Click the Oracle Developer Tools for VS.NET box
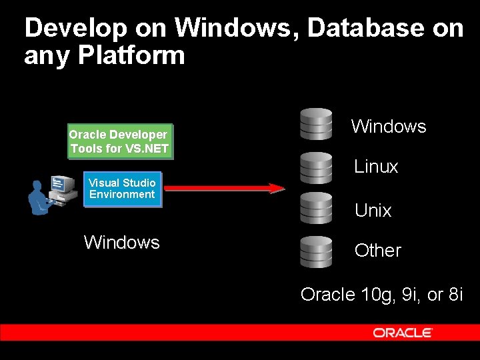click(x=120, y=141)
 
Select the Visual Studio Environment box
click(x=122, y=189)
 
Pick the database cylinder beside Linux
click(x=316, y=167)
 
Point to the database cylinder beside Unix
click(x=316, y=209)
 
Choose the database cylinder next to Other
click(x=316, y=251)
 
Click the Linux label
click(x=376, y=167)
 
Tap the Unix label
click(x=373, y=211)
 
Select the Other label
click(x=378, y=251)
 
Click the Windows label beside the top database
click(x=389, y=126)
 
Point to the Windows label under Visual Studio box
click(x=122, y=242)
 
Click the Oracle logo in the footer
click(x=403, y=332)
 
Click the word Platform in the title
click(x=131, y=55)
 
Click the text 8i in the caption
click(x=455, y=294)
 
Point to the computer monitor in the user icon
click(x=63, y=183)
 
